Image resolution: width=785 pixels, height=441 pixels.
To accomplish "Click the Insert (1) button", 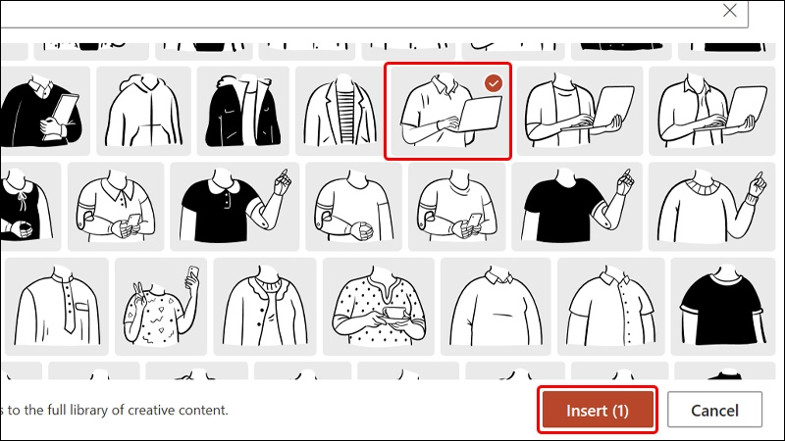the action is tap(598, 410).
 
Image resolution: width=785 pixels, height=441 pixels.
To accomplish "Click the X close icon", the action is tap(729, 11).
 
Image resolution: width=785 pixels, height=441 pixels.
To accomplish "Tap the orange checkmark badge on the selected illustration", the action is tap(494, 83).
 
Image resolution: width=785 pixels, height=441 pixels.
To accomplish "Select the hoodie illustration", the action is tap(143, 111).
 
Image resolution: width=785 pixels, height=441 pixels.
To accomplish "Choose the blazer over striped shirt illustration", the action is tap(340, 111).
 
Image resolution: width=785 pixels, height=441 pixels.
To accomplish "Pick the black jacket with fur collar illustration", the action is tap(242, 111).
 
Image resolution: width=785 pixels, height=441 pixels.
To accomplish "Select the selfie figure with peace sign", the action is tap(161, 307).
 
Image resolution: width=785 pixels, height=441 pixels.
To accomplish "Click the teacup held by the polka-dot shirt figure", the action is tap(394, 315).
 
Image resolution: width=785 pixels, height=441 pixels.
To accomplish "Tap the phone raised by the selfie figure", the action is tap(192, 275).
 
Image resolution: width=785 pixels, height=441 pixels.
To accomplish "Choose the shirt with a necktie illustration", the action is tap(57, 307).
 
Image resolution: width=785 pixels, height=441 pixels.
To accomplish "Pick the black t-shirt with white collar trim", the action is tap(722, 307).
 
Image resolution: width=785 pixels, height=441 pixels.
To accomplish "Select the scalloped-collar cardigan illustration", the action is tap(265, 307).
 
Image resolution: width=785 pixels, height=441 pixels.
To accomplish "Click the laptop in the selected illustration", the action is tap(480, 114).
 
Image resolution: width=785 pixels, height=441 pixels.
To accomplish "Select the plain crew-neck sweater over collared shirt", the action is tap(496, 307).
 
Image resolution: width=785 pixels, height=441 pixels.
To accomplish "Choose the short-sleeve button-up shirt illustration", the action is tap(610, 307).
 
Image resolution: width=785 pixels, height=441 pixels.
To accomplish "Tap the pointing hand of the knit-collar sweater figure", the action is tap(758, 185).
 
